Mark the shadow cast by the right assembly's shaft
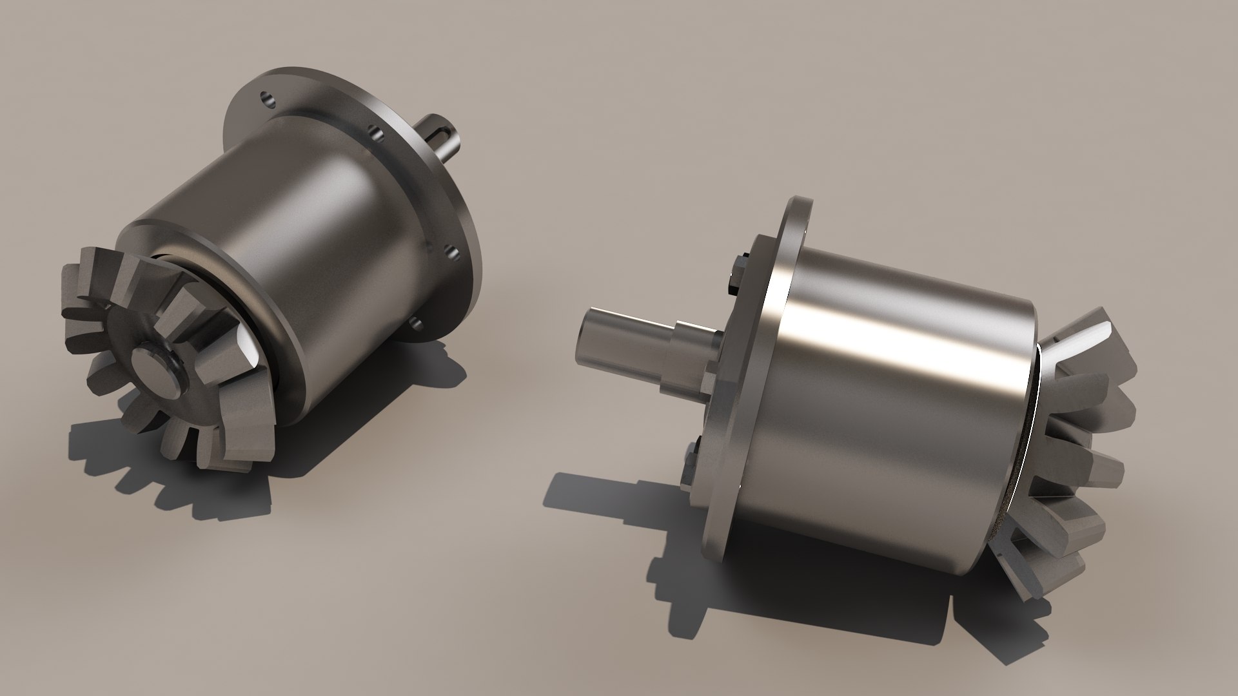coord(580,496)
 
